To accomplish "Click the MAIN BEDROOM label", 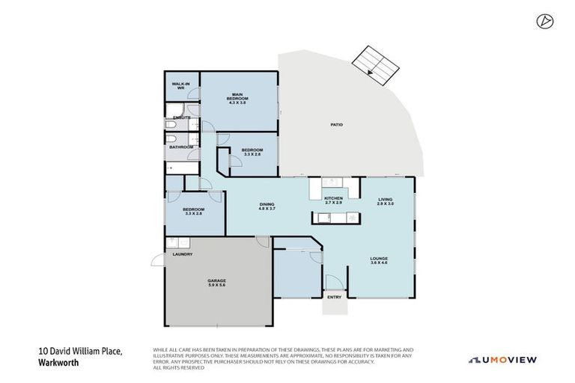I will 238,96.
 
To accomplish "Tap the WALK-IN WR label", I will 180,87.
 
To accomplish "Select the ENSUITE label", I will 181,118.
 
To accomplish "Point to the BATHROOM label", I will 181,147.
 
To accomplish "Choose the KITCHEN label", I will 333,198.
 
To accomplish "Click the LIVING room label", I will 385,198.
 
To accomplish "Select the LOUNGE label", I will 379,260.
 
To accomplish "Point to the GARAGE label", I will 216,281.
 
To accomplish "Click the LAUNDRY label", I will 183,254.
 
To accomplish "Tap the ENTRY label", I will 334,297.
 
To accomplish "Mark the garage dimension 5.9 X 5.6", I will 216,286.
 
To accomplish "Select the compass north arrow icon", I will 544,22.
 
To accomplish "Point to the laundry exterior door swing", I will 158,260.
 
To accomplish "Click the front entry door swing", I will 333,283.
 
